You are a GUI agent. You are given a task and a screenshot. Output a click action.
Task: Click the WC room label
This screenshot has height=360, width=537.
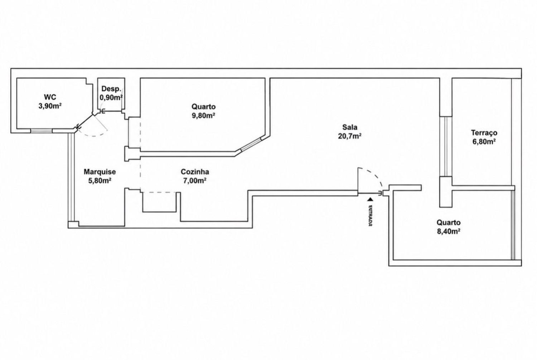pos(50,97)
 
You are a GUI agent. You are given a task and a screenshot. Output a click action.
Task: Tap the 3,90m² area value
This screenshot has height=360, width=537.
pos(50,106)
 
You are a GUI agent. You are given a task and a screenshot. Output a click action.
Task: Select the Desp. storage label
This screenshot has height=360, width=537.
pos(111,89)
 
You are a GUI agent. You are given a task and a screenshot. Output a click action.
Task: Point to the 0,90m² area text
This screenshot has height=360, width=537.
pos(111,98)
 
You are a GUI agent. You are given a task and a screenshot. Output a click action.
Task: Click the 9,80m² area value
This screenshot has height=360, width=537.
pos(203,116)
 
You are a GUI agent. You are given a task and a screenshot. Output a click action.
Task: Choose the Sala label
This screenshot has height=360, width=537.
pos(350,127)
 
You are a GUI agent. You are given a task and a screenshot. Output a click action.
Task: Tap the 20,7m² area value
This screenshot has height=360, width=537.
pos(350,136)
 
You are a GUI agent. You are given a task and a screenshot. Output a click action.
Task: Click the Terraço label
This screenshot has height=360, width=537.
pos(484,133)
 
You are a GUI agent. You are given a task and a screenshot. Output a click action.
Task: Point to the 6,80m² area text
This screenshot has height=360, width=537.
pos(484,142)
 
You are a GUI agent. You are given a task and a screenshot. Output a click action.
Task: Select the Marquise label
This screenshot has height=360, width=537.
pos(100,172)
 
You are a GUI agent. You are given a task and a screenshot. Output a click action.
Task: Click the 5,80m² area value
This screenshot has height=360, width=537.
pos(100,181)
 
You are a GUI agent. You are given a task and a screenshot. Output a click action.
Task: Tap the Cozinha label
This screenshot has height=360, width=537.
pos(195,172)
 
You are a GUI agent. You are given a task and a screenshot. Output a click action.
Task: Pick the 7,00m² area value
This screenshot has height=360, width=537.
pos(195,181)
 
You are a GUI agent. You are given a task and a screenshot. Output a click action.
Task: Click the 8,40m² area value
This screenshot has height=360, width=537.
pos(449,231)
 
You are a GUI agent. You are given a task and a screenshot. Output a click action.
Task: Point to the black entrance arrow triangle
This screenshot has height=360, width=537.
pos(371,199)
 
